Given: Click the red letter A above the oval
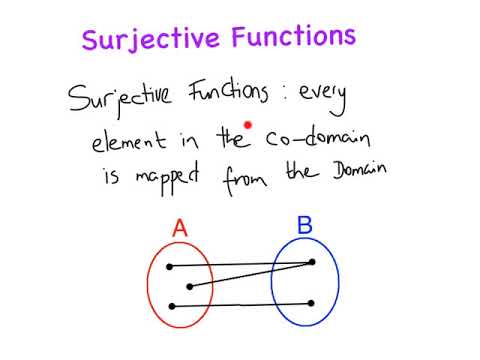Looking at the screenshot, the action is pyautogui.click(x=179, y=230).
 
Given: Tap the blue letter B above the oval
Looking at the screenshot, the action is pyautogui.click(x=304, y=224).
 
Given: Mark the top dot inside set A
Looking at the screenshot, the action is pyautogui.click(x=170, y=267).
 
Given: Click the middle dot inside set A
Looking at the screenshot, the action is pyautogui.click(x=189, y=286).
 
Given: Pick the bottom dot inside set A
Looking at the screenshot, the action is pyautogui.click(x=172, y=305).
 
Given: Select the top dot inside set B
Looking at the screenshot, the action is pyautogui.click(x=313, y=262).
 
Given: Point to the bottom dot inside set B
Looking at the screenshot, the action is pyautogui.click(x=313, y=303).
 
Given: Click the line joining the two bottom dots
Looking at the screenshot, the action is pyautogui.click(x=242, y=304).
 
